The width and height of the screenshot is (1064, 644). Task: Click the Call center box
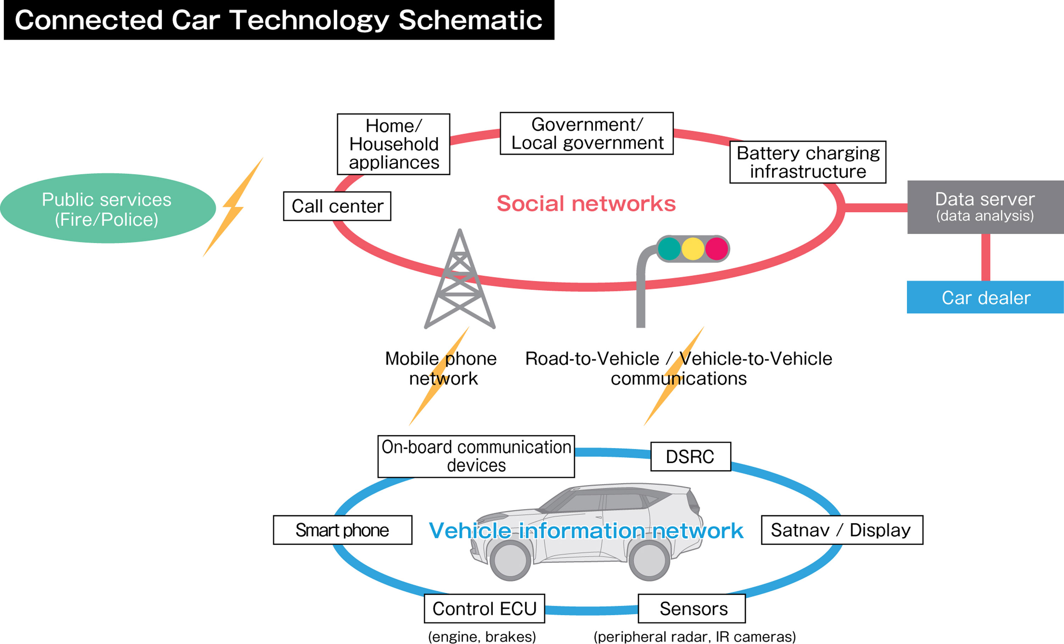[337, 206]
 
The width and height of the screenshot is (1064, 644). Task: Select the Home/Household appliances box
[393, 144]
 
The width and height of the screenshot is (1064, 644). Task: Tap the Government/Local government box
[586, 133]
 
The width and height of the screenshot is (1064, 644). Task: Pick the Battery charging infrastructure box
[808, 162]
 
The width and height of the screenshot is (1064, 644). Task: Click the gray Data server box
[985, 207]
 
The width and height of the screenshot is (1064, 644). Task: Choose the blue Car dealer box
[985, 297]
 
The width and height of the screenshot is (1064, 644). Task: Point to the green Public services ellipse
[107, 208]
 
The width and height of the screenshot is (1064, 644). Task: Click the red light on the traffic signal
[716, 248]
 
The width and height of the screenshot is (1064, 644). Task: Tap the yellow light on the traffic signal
[693, 248]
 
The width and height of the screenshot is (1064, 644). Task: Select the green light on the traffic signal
[669, 248]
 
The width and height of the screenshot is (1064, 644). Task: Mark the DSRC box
[691, 457]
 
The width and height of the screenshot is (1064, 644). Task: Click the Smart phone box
[343, 530]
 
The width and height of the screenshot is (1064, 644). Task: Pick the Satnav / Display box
[842, 530]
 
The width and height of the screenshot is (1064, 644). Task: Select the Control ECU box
[484, 609]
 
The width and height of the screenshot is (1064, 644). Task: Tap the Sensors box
[692, 609]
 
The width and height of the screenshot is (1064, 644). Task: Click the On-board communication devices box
[476, 457]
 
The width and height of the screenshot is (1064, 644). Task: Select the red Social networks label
[586, 204]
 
